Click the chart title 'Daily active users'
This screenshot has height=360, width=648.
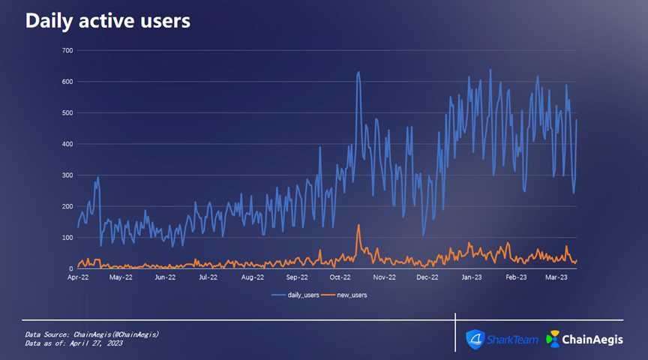(107, 21)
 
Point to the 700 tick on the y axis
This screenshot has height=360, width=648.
(67, 50)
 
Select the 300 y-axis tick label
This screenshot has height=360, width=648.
(67, 175)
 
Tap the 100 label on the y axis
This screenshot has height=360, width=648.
(67, 238)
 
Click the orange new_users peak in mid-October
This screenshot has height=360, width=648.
(358, 225)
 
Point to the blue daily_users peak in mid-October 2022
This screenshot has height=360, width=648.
(358, 73)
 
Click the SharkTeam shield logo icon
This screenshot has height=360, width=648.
(475, 339)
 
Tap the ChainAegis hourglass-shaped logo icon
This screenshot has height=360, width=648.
(553, 339)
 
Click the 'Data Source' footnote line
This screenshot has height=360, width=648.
(91, 334)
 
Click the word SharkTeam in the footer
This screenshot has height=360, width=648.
(513, 340)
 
